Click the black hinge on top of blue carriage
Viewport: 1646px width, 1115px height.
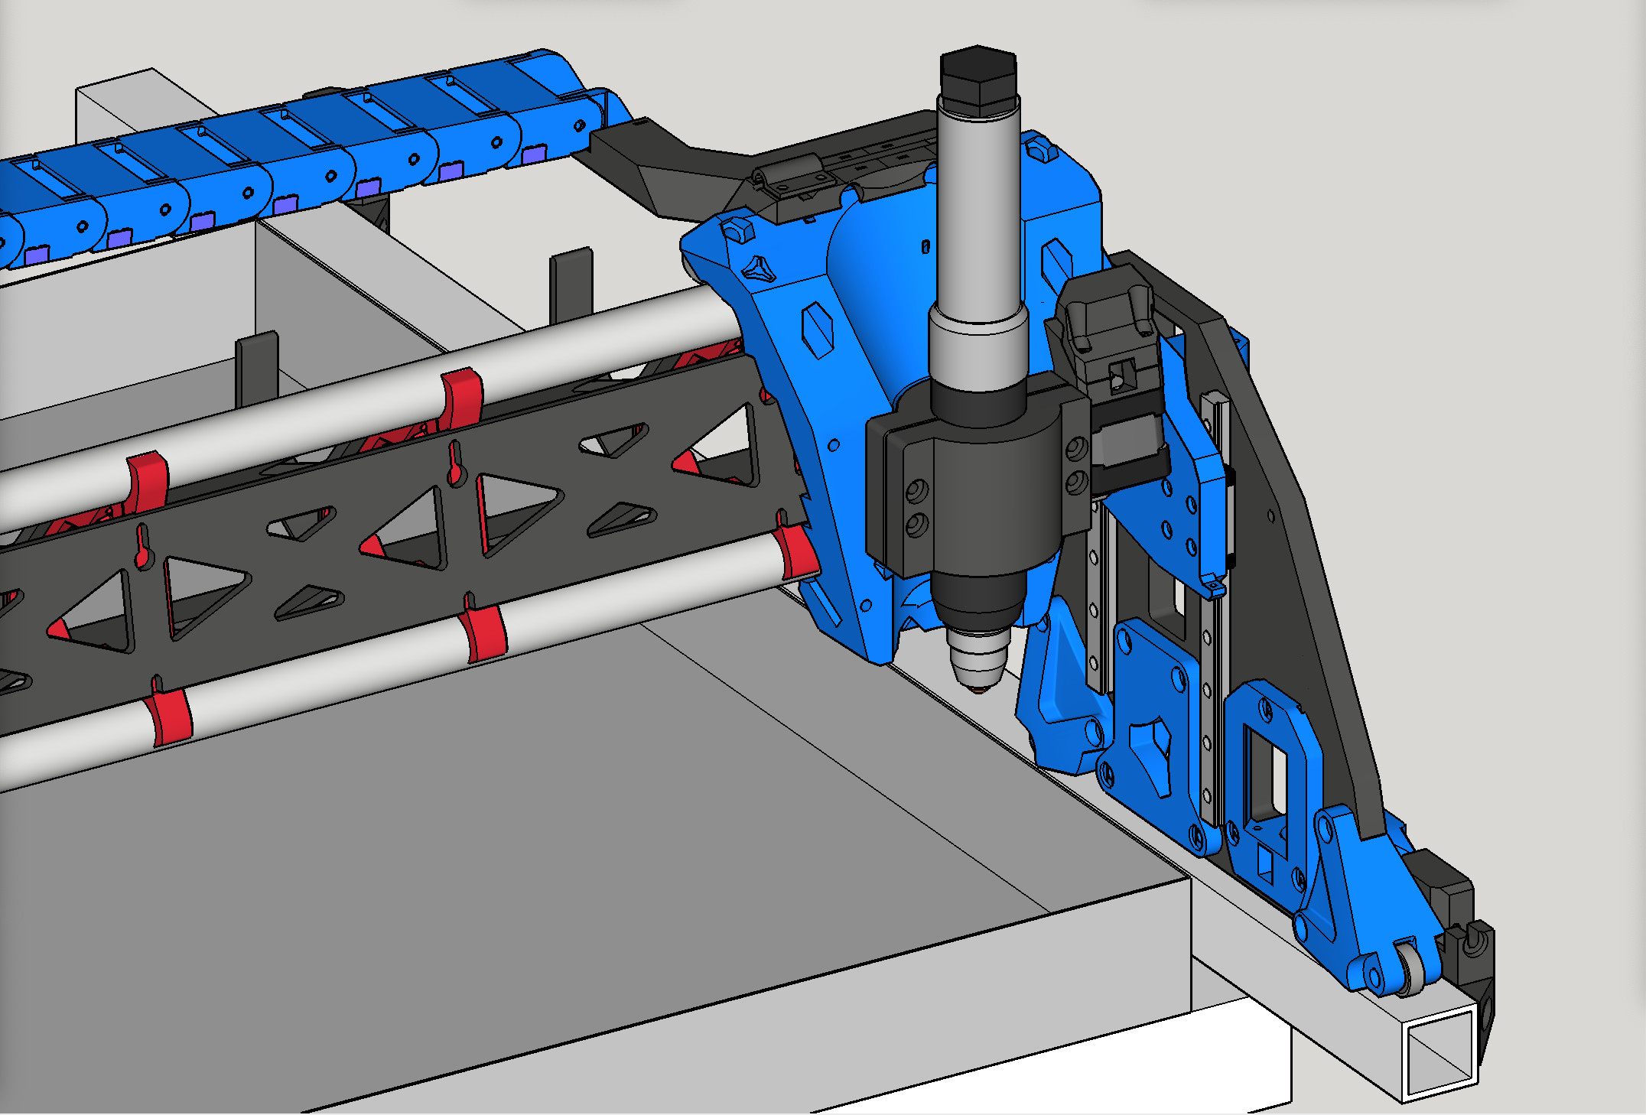pos(792,178)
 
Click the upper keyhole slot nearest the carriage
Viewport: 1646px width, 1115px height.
pos(455,464)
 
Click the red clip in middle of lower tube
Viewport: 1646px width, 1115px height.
pos(485,634)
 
